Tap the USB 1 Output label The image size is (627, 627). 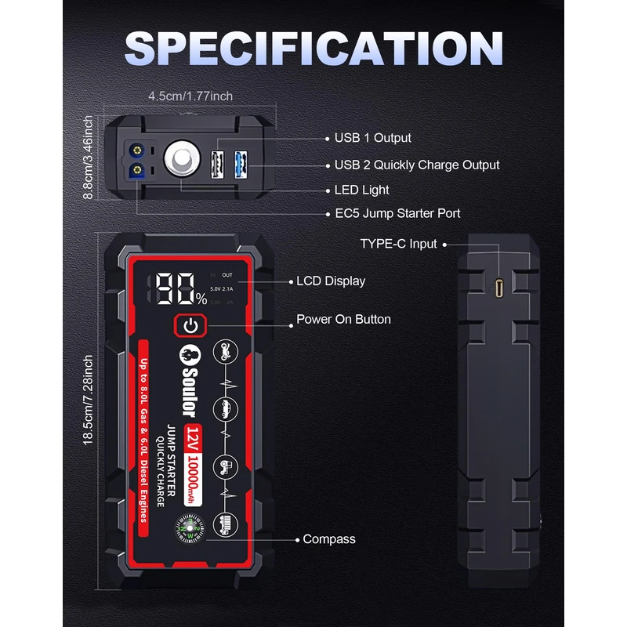tap(372, 138)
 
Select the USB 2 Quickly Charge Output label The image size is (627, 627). tap(416, 165)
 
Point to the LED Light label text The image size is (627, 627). tap(361, 190)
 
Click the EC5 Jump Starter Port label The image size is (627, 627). tap(397, 213)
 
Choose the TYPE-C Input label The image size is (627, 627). tap(398, 244)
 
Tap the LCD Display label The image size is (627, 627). tap(330, 281)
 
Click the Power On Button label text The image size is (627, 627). tap(343, 319)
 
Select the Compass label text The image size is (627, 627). tap(329, 539)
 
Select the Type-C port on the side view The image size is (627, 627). tap(500, 288)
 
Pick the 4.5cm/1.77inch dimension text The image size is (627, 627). tap(190, 96)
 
